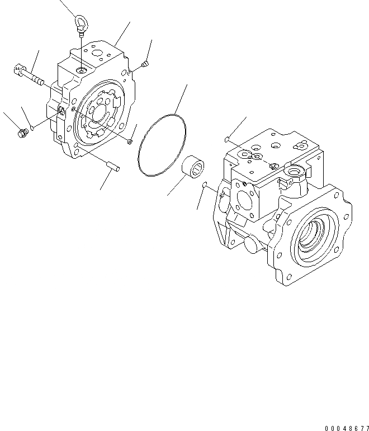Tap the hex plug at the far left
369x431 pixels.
coord(23,133)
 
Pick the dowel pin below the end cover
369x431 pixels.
coord(112,166)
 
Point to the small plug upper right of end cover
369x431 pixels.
coord(145,65)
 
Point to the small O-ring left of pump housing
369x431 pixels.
coord(205,186)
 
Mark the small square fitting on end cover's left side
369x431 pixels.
coord(61,113)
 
